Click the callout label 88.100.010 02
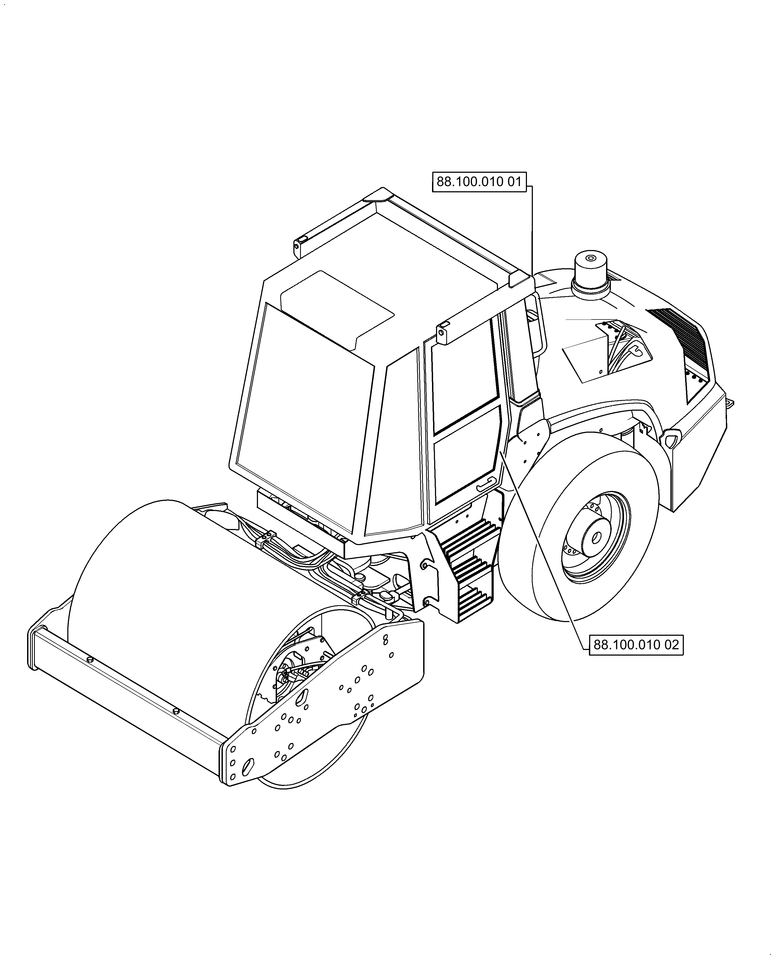click(x=636, y=645)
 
